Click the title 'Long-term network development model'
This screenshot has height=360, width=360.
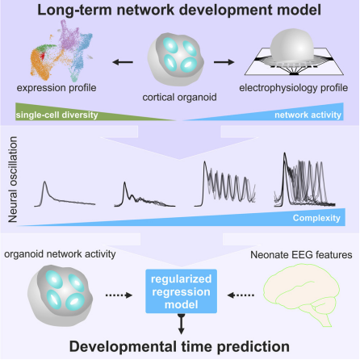click(x=179, y=10)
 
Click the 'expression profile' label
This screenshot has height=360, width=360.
click(x=57, y=88)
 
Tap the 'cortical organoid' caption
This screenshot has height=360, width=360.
click(x=179, y=97)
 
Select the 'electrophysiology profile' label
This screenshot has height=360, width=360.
click(x=294, y=88)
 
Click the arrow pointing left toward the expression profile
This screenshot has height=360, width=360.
click(x=123, y=62)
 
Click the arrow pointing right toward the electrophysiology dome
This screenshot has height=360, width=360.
click(x=224, y=62)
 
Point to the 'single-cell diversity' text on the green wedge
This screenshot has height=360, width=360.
click(x=57, y=115)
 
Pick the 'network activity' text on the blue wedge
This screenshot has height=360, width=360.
click(x=308, y=115)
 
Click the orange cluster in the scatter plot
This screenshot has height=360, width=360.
click(x=40, y=65)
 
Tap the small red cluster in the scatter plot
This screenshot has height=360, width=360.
click(x=42, y=57)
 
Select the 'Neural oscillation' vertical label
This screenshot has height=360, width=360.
click(x=13, y=179)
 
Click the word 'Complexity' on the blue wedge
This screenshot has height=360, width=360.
click(x=316, y=218)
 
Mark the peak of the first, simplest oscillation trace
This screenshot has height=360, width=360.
click(x=45, y=182)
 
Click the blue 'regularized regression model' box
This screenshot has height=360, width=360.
click(x=181, y=291)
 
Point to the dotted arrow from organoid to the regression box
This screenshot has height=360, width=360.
click(x=119, y=295)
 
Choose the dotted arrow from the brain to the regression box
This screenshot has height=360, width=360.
click(x=241, y=295)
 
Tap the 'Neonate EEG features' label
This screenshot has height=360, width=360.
click(x=301, y=254)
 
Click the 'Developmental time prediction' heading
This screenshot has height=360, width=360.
click(x=179, y=346)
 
